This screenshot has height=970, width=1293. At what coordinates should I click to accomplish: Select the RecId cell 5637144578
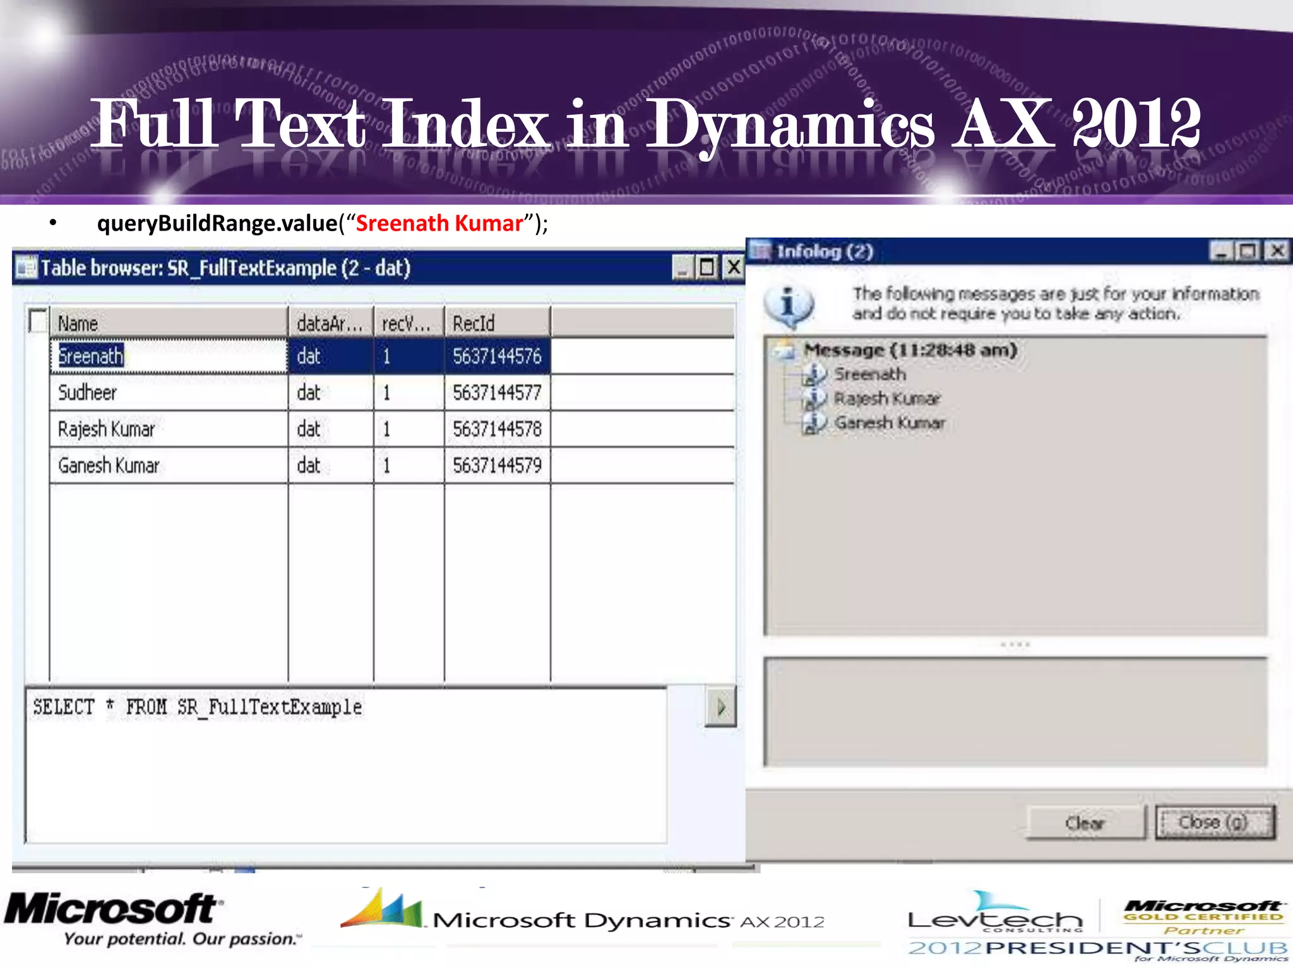point(497,429)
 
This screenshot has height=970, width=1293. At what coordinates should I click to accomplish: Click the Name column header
point(168,323)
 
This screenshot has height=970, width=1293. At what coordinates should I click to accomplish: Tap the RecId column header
point(496,323)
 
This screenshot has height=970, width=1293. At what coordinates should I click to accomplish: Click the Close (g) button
point(1213,822)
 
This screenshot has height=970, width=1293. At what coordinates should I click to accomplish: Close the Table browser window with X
point(733,267)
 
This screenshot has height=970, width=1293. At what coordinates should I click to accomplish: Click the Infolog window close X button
point(1277,251)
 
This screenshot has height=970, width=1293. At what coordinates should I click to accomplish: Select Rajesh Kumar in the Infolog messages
point(886,398)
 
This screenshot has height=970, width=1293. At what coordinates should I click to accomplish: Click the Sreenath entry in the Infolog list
point(870,374)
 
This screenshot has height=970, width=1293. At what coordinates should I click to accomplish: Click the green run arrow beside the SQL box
point(720,707)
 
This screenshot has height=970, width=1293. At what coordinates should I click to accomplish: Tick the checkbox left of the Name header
point(38,321)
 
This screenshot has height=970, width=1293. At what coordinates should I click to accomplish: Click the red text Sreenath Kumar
point(439,224)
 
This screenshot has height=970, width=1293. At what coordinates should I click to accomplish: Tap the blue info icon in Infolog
point(788,306)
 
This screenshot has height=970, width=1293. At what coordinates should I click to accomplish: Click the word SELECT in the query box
point(64,707)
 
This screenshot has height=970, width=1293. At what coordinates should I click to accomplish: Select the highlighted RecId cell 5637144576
point(497,357)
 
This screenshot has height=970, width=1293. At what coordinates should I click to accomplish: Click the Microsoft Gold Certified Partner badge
point(1203,917)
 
